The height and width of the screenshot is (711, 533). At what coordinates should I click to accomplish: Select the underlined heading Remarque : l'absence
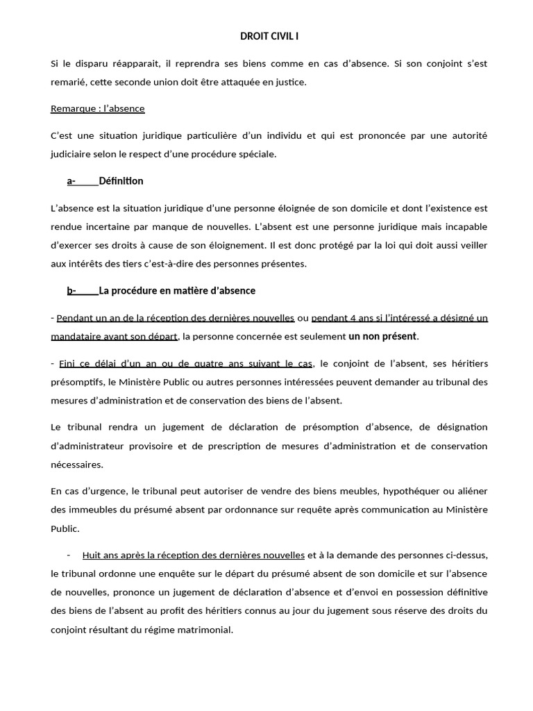click(x=98, y=109)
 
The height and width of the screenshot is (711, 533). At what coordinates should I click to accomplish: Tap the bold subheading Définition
click(x=121, y=181)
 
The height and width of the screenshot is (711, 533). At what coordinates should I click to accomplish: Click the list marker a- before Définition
click(x=71, y=181)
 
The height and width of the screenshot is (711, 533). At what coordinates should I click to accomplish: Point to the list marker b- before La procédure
click(x=71, y=290)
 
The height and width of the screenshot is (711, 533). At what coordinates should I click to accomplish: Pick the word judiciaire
click(x=73, y=154)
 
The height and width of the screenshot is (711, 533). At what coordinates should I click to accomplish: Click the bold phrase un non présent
click(x=382, y=336)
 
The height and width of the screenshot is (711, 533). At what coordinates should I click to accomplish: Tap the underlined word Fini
click(x=67, y=363)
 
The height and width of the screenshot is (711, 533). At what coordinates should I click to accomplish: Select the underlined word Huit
click(x=92, y=555)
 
